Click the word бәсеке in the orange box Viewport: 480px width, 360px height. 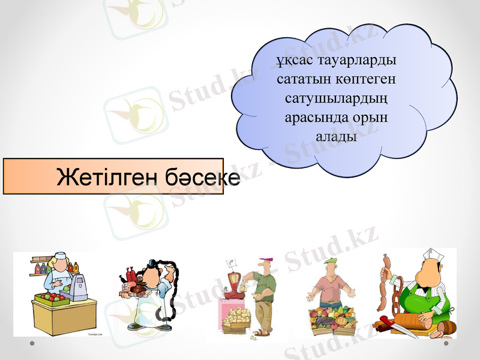point(200,176)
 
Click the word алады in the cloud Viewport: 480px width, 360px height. point(336,136)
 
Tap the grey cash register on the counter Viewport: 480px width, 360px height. point(79,287)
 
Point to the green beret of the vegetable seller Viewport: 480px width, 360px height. point(331,260)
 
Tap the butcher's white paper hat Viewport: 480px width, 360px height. point(432,254)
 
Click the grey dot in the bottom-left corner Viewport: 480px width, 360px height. point(32,344)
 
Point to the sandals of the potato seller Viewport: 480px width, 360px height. point(260,332)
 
